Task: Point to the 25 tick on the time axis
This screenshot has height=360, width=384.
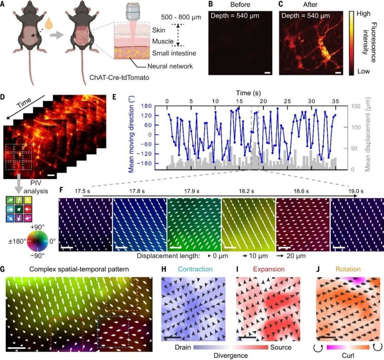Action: click(x=288, y=100)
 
